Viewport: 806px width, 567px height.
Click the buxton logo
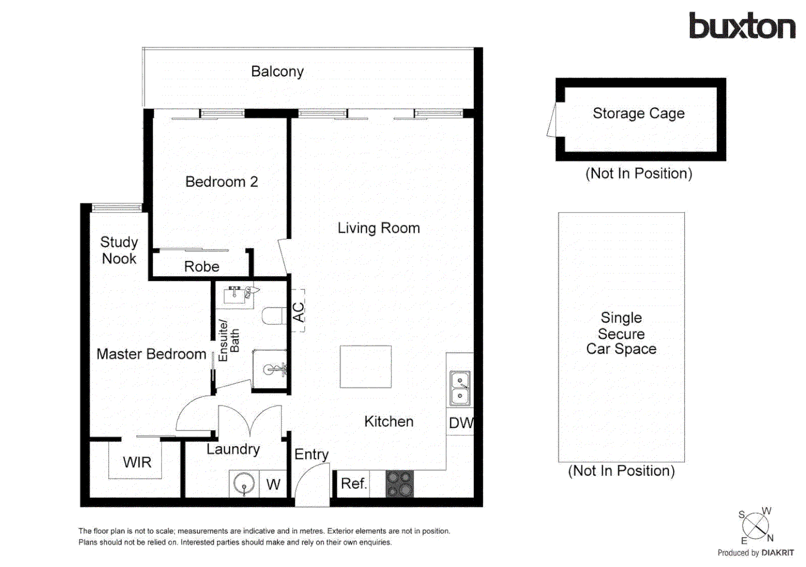click(x=742, y=26)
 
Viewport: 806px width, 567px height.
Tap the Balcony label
click(x=277, y=71)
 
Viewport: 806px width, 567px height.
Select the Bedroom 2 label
click(x=221, y=182)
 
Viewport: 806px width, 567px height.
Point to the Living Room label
click(x=378, y=228)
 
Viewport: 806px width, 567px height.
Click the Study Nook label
click(x=119, y=250)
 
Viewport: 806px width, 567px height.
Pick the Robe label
click(x=201, y=267)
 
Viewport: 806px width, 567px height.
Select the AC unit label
click(x=298, y=312)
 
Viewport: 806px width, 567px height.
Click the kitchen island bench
click(x=365, y=366)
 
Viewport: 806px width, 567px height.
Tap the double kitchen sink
click(x=460, y=388)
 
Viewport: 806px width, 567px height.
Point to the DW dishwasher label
click(x=461, y=423)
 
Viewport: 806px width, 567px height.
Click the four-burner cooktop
click(x=400, y=484)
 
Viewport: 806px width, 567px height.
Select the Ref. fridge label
click(x=354, y=484)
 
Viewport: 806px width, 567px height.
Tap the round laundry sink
click(x=244, y=484)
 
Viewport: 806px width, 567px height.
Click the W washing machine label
click(x=273, y=485)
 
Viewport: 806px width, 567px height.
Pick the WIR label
click(x=137, y=462)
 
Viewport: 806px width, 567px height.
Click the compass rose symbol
click(x=756, y=526)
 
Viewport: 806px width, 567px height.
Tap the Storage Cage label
click(x=638, y=113)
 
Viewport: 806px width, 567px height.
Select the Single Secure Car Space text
click(x=621, y=333)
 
